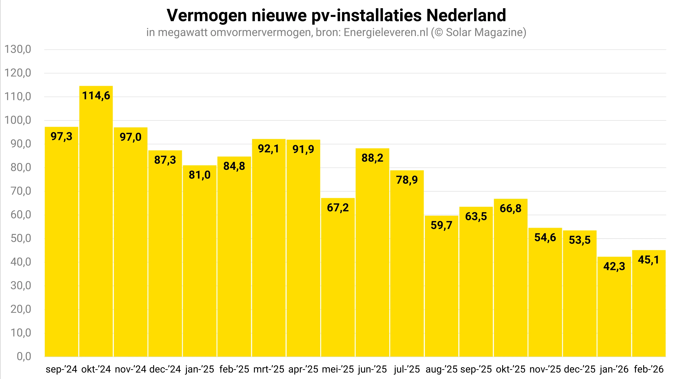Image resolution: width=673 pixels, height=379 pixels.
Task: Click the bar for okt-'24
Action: tap(96, 222)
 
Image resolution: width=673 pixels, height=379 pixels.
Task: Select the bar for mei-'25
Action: tap(338, 277)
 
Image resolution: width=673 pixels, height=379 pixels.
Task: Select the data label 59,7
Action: tap(441, 225)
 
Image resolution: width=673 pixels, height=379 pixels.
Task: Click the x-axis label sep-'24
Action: tap(61, 369)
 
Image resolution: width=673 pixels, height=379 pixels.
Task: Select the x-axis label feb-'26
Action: tap(648, 369)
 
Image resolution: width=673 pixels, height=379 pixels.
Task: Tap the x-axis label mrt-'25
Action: tap(269, 369)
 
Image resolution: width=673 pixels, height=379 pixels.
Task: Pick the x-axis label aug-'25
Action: tap(441, 369)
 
